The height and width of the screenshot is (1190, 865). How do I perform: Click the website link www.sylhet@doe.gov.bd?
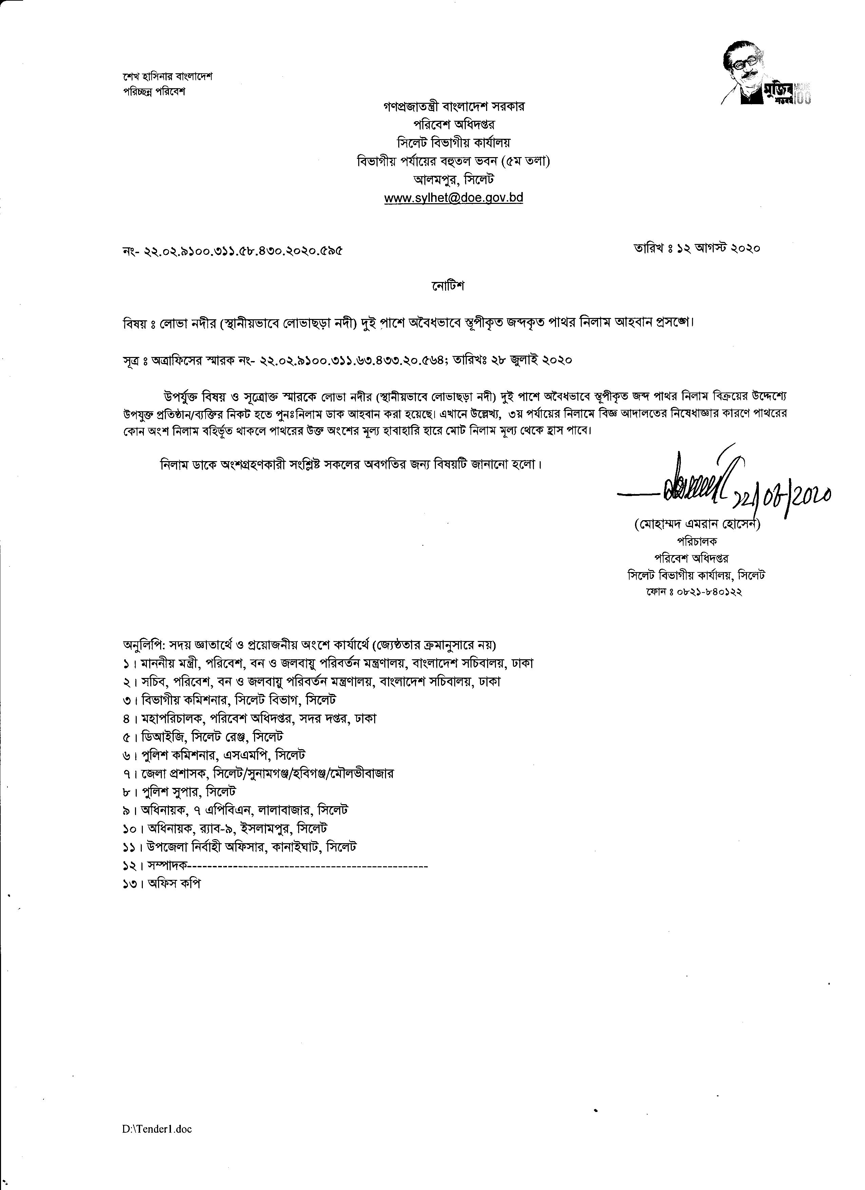[453, 198]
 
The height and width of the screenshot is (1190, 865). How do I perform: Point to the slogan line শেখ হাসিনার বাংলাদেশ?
[168, 77]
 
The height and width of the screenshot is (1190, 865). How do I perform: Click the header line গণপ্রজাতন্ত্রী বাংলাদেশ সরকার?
[454, 107]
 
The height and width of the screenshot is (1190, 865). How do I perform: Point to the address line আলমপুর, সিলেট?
[454, 180]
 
